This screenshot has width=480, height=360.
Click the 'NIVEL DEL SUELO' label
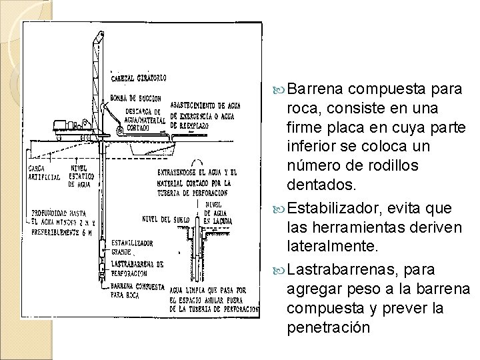point(161,218)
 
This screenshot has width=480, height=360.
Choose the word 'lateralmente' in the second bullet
point(331,247)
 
